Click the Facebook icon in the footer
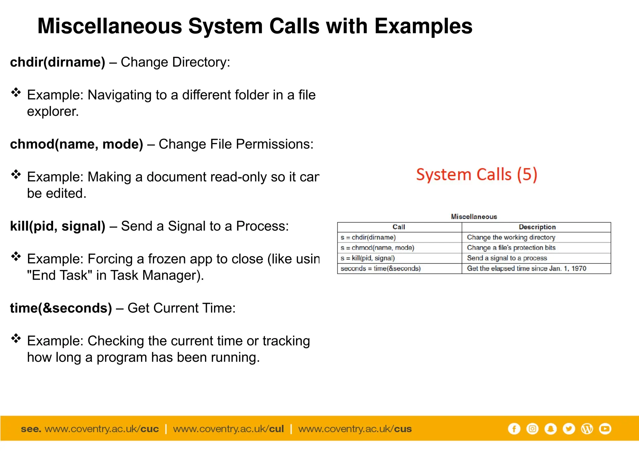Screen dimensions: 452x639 click(514, 429)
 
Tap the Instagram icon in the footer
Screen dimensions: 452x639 click(532, 429)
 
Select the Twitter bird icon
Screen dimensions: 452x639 click(569, 429)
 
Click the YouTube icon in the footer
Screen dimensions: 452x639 click(605, 429)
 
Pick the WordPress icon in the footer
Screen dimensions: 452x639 click(587, 429)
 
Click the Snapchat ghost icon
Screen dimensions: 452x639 click(551, 429)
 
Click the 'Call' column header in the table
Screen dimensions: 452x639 click(399, 227)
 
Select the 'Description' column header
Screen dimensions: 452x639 click(537, 227)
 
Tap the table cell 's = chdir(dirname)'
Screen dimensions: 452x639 click(368, 237)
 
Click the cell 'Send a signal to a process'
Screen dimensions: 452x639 click(507, 258)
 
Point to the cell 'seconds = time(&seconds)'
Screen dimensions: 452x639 click(381, 268)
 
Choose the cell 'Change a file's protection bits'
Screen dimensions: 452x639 click(511, 248)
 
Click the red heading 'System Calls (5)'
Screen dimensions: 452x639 click(476, 174)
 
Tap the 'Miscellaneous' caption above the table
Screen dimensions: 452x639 click(474, 217)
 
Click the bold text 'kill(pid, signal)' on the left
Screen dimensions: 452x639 click(58, 226)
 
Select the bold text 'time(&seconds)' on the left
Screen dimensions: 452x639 click(61, 308)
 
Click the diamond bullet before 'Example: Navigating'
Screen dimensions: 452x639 click(16, 92)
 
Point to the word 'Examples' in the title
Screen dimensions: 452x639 click(423, 26)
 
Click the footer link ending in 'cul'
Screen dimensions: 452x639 click(228, 429)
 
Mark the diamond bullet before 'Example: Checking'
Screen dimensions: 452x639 click(16, 338)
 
